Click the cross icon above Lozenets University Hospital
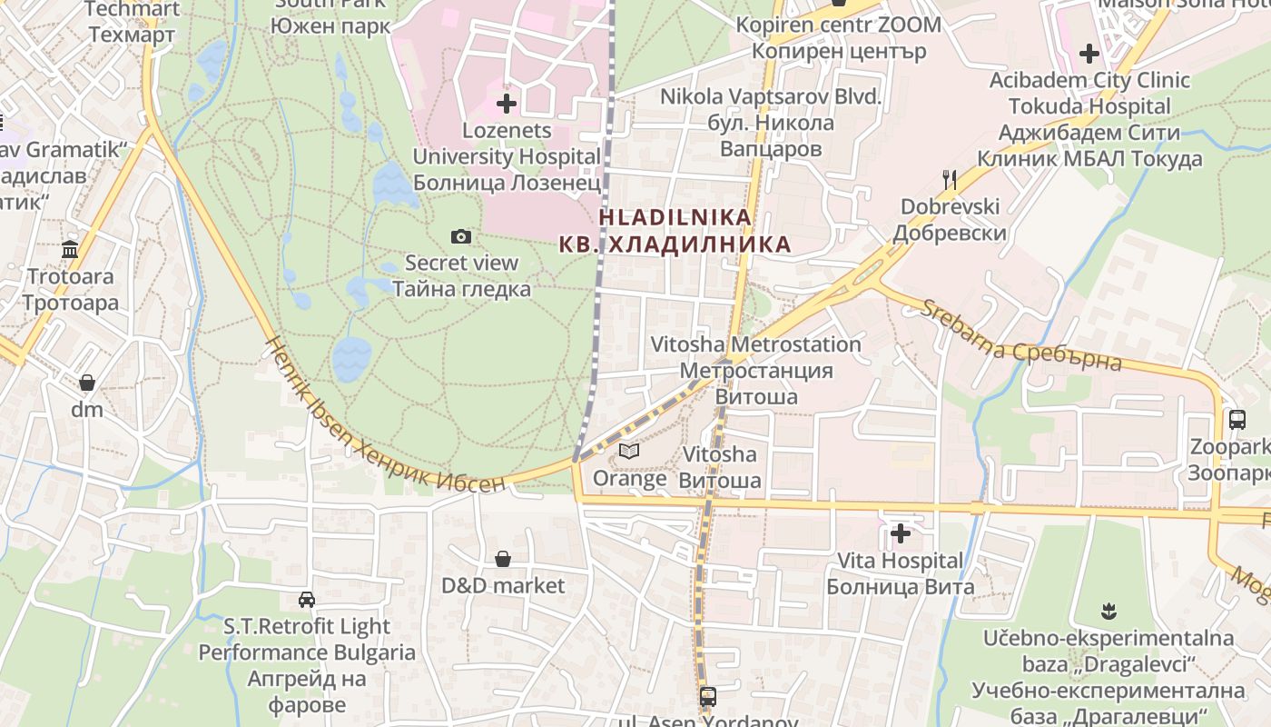507,103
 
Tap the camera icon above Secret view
461,236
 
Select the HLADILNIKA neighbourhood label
675,217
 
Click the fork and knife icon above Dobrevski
950,179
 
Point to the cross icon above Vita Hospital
901,533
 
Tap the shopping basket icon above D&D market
502,558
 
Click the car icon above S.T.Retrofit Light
307,600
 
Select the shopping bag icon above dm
87,382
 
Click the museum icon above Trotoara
70,249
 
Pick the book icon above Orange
629,451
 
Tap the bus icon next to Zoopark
1237,419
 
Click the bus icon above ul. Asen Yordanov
708,697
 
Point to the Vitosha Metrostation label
756,345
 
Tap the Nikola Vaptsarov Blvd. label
771,96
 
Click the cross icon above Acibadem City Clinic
1089,54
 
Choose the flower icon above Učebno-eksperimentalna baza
1107,609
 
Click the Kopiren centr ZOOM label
838,25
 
